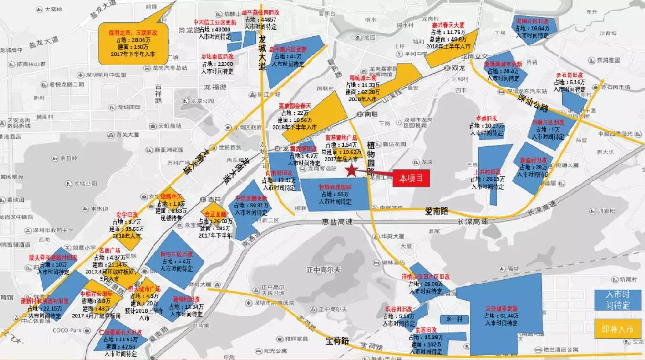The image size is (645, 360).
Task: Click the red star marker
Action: [x=351, y=170]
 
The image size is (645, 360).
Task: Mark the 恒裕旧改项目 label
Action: [x=335, y=187]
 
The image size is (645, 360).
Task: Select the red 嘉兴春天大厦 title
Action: [x=448, y=25]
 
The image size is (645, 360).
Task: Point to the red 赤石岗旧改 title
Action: [x=570, y=76]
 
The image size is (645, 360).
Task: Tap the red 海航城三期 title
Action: [x=363, y=77]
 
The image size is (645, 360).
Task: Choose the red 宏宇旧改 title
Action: [x=127, y=215]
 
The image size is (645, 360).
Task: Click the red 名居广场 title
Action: [x=109, y=251]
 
